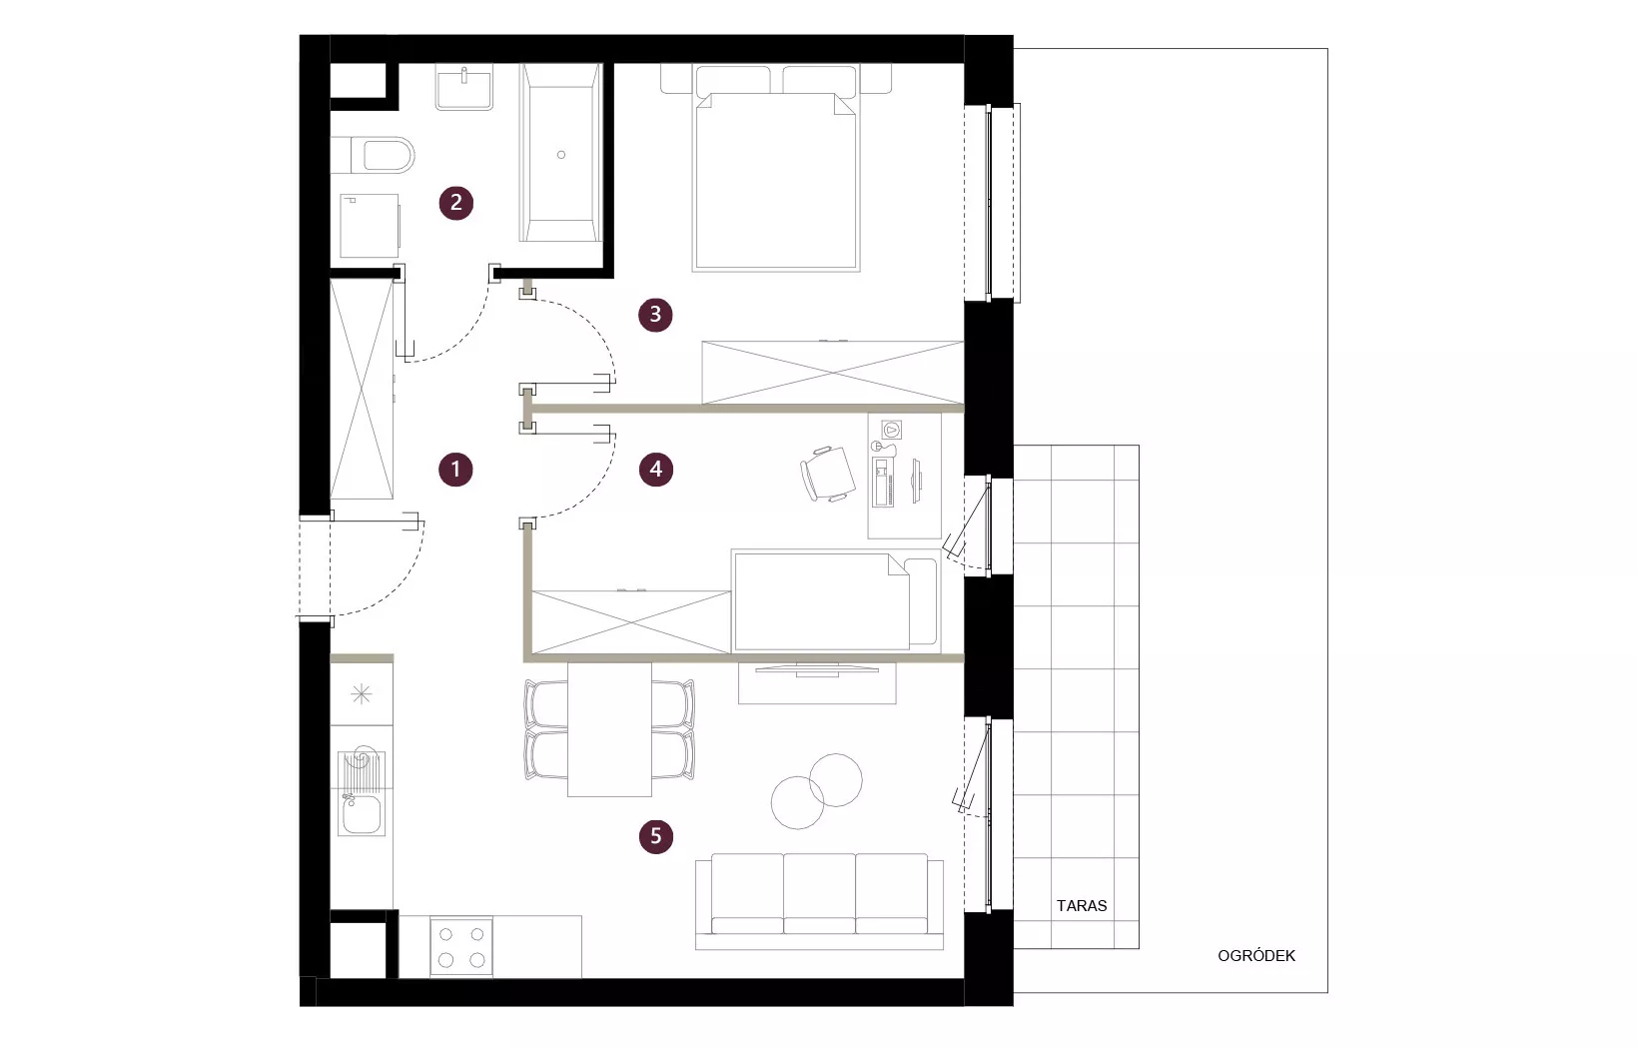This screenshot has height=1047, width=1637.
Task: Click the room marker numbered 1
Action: pyautogui.click(x=455, y=470)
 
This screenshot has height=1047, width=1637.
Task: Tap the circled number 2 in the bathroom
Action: pyautogui.click(x=456, y=203)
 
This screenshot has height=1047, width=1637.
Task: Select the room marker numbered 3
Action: pyautogui.click(x=655, y=315)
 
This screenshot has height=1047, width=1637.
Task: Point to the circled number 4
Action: pyautogui.click(x=656, y=470)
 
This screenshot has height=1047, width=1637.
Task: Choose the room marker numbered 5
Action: pyautogui.click(x=655, y=836)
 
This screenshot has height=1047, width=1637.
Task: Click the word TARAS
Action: pyautogui.click(x=1082, y=906)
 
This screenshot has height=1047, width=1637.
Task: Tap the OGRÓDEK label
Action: pyautogui.click(x=1256, y=956)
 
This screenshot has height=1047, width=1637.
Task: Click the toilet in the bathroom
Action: pyautogui.click(x=373, y=155)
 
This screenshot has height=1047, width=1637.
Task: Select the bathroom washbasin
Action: pyautogui.click(x=464, y=87)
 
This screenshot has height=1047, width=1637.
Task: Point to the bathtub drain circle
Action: pyautogui.click(x=561, y=155)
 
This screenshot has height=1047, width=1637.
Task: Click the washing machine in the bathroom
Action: pyautogui.click(x=370, y=225)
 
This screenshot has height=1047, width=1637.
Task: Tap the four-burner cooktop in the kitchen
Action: pyautogui.click(x=461, y=947)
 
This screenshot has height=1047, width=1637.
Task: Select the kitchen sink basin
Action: pyautogui.click(x=361, y=814)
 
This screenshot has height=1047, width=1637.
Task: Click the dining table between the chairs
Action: pyautogui.click(x=609, y=729)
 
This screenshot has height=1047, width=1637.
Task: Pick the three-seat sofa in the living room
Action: pyautogui.click(x=819, y=901)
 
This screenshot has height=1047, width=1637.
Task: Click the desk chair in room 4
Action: pyautogui.click(x=827, y=474)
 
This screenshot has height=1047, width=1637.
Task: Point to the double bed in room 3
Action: pyautogui.click(x=776, y=168)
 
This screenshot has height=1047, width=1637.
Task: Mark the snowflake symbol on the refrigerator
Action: pyautogui.click(x=361, y=694)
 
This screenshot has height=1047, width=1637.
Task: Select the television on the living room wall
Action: pyautogui.click(x=817, y=668)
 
